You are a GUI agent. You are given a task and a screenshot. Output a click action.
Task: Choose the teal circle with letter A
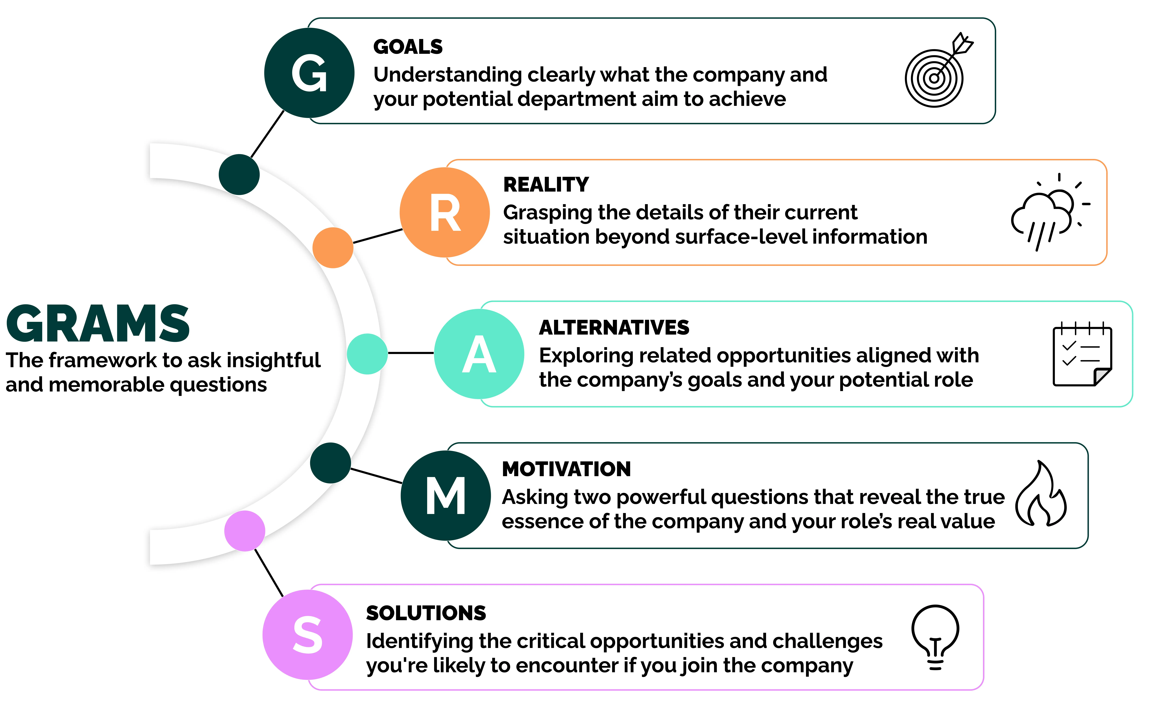click(x=479, y=354)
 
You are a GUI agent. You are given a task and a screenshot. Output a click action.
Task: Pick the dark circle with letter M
click(x=445, y=495)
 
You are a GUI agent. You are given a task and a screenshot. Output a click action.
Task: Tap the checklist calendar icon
click(x=1082, y=354)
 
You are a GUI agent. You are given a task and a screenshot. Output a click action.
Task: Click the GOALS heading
click(x=408, y=47)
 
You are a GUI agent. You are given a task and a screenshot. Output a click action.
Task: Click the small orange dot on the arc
click(x=333, y=248)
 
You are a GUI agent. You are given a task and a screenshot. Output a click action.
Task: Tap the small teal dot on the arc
click(x=367, y=354)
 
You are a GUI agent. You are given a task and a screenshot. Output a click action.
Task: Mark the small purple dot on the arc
click(x=245, y=531)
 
